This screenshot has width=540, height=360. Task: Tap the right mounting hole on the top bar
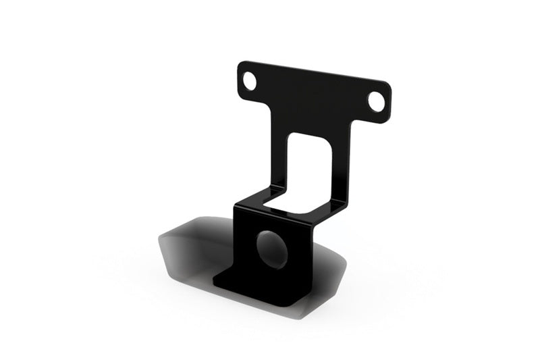375,101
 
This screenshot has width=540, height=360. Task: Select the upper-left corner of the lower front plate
236,207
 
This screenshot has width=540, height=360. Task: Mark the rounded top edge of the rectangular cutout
310,136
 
